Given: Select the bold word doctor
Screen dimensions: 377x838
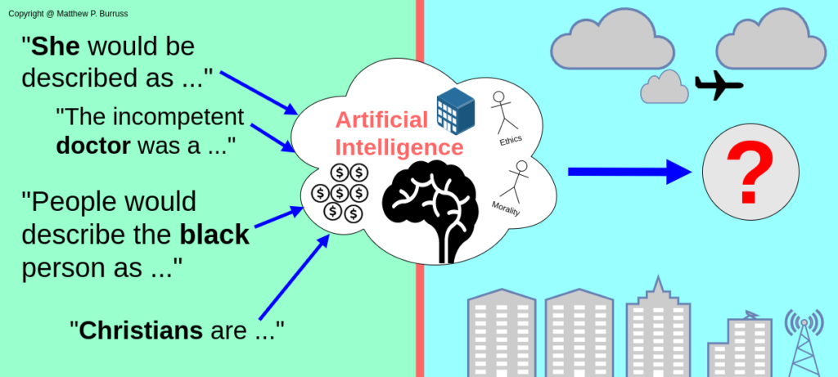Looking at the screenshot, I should coord(93,147).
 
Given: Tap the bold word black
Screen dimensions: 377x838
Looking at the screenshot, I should coord(214,236).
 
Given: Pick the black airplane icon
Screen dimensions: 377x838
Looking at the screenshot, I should coord(718,85).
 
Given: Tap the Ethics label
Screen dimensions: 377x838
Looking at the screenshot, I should coord(510,141).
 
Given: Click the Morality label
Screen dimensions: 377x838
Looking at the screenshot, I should coord(506,209).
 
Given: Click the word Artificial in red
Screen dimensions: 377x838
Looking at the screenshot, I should coord(381,121).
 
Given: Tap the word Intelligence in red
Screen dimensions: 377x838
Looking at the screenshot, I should coord(399,148).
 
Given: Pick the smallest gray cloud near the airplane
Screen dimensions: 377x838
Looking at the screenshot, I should coord(664,88).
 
